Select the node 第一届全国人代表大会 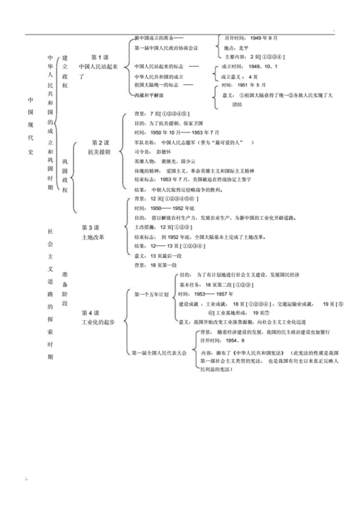click(161, 353)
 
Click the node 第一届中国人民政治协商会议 click(167, 47)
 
